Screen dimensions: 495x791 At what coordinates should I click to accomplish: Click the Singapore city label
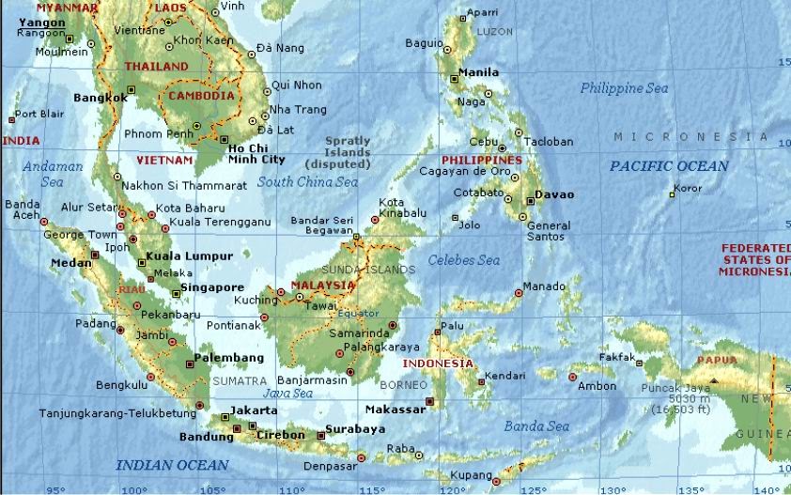(x=212, y=287)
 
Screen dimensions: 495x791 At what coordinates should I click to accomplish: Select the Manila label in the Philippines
(x=479, y=72)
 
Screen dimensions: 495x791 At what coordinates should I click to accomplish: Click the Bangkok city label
(x=100, y=97)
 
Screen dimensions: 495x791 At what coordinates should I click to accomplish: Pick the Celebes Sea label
(x=464, y=260)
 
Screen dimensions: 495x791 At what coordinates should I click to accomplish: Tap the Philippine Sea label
(x=624, y=88)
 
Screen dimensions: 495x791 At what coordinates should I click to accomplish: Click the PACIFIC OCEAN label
(x=668, y=166)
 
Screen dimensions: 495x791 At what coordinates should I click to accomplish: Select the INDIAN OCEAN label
(x=171, y=465)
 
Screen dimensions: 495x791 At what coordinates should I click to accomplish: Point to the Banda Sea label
(x=537, y=426)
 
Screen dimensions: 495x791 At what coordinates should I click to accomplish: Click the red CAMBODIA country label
(x=201, y=96)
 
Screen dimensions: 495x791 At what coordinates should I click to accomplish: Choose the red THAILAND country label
(x=157, y=67)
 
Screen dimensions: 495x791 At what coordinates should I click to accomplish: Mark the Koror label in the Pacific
(x=688, y=188)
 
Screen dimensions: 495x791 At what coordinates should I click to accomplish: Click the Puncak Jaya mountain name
(x=674, y=387)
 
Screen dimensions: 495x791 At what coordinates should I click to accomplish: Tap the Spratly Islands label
(x=348, y=151)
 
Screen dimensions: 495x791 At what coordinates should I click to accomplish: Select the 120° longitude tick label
(x=452, y=489)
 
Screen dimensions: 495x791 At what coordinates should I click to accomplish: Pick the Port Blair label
(x=39, y=114)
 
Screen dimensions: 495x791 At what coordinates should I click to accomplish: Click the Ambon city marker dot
(x=573, y=378)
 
